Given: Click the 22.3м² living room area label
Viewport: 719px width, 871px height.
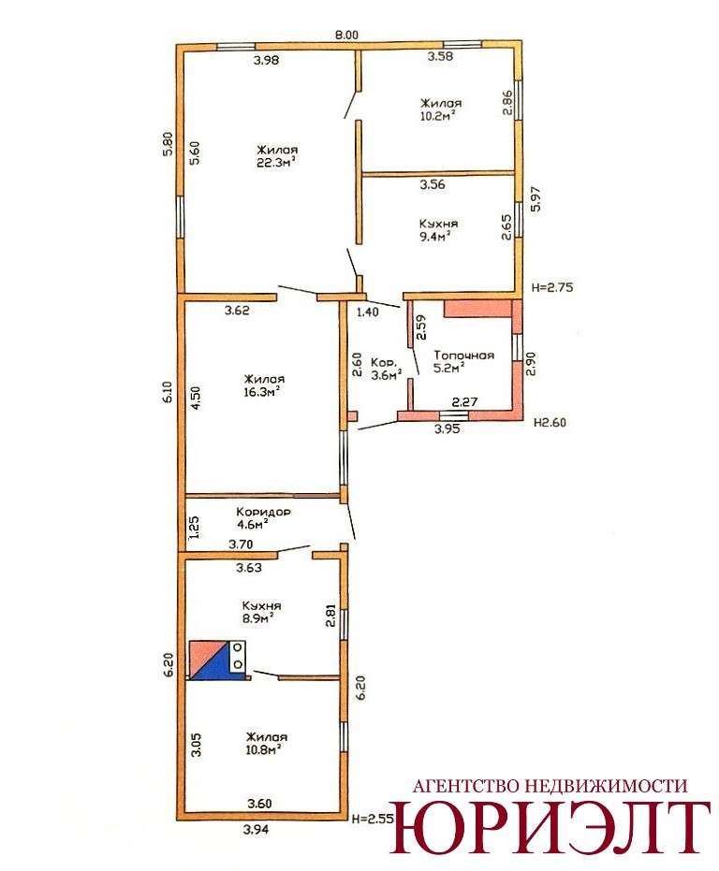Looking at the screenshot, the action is click(277, 156).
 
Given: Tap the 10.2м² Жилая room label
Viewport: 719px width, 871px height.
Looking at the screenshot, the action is click(441, 109).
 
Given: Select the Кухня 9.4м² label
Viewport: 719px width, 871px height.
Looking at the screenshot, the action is click(438, 230).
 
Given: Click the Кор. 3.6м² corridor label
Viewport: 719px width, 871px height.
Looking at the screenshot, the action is click(387, 369).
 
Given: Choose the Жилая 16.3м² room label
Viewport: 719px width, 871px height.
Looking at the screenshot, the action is click(264, 385).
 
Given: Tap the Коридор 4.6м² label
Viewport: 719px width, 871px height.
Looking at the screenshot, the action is click(262, 517).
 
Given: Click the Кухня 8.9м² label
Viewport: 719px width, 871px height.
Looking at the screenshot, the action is click(261, 612).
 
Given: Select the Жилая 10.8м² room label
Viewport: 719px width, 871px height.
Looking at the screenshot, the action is click(267, 743).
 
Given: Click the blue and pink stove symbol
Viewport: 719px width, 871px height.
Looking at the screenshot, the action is click(217, 660).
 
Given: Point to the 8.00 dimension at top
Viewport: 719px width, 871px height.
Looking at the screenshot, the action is click(346, 35).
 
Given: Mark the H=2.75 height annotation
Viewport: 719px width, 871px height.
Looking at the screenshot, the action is click(551, 288).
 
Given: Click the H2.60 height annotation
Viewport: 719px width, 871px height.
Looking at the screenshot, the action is click(550, 422).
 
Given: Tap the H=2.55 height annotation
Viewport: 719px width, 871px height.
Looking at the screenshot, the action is click(374, 819).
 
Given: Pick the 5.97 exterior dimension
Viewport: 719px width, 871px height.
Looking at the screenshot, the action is click(536, 199).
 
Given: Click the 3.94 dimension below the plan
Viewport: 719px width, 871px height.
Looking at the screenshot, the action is click(257, 830).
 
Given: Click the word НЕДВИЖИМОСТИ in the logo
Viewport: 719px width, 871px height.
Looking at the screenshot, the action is click(606, 786).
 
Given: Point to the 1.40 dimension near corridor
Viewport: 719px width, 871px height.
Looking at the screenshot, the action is click(367, 312).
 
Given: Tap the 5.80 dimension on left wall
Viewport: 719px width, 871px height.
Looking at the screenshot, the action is click(169, 143).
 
